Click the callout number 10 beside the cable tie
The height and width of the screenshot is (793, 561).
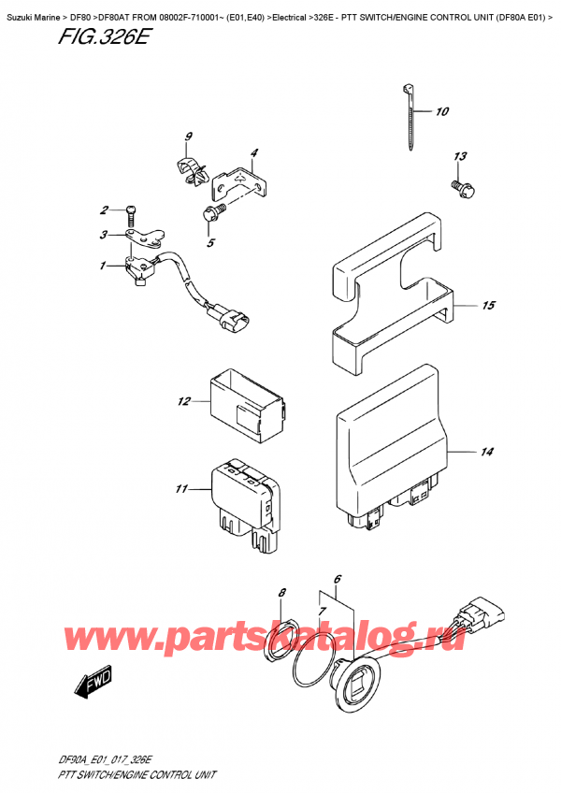tap(441, 111)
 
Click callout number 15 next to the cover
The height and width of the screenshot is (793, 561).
tap(488, 305)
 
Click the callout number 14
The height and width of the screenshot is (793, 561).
tap(486, 451)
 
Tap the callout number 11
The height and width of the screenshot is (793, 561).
tap(181, 488)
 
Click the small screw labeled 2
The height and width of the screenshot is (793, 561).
tap(131, 215)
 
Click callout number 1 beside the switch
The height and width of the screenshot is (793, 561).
tap(103, 265)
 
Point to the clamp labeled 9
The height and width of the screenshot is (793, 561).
tap(193, 171)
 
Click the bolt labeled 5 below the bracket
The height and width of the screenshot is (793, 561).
tap(212, 213)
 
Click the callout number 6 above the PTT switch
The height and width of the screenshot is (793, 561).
tap(338, 579)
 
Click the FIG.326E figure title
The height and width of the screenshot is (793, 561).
tap(103, 36)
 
